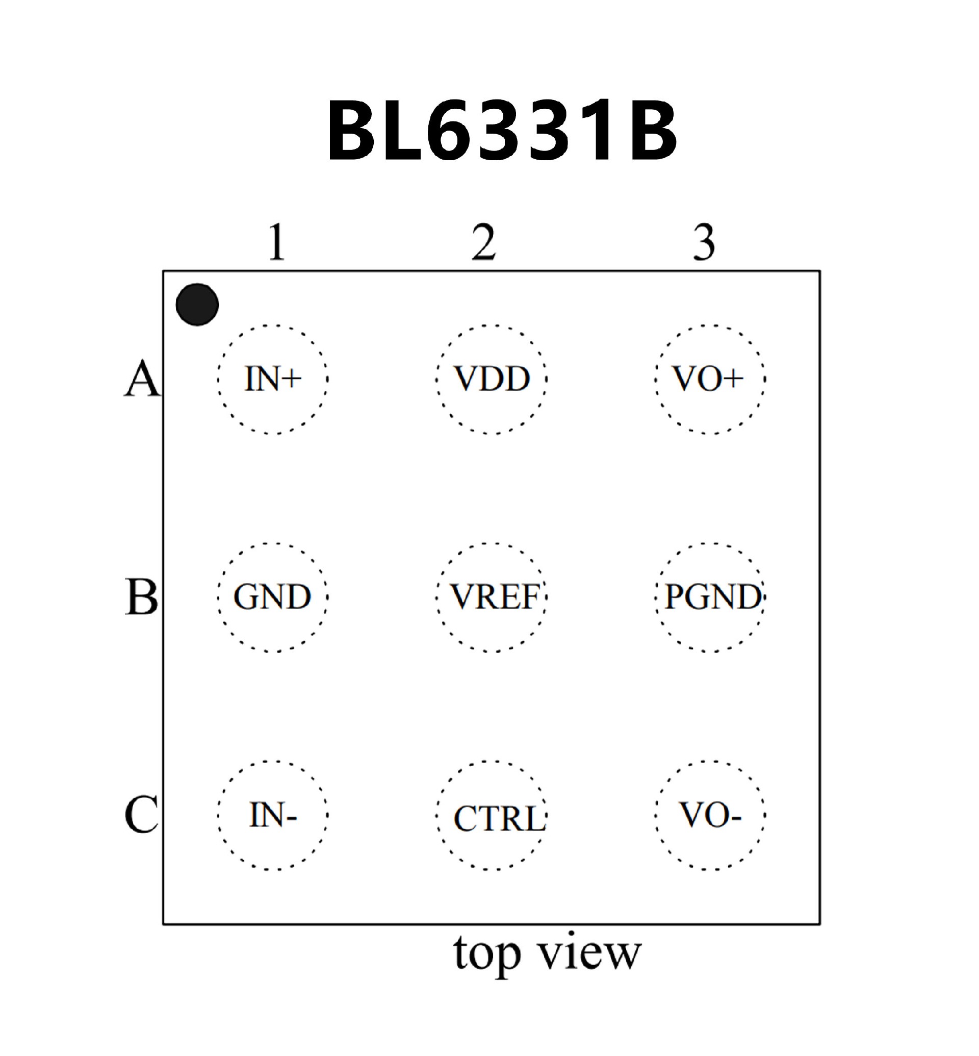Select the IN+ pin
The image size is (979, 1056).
tap(273, 379)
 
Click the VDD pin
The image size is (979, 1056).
tap(492, 379)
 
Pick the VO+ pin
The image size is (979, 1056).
tap(710, 379)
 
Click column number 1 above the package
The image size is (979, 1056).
tap(276, 242)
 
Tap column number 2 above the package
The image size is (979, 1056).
tap(484, 242)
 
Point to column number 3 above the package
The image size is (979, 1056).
tap(704, 242)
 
